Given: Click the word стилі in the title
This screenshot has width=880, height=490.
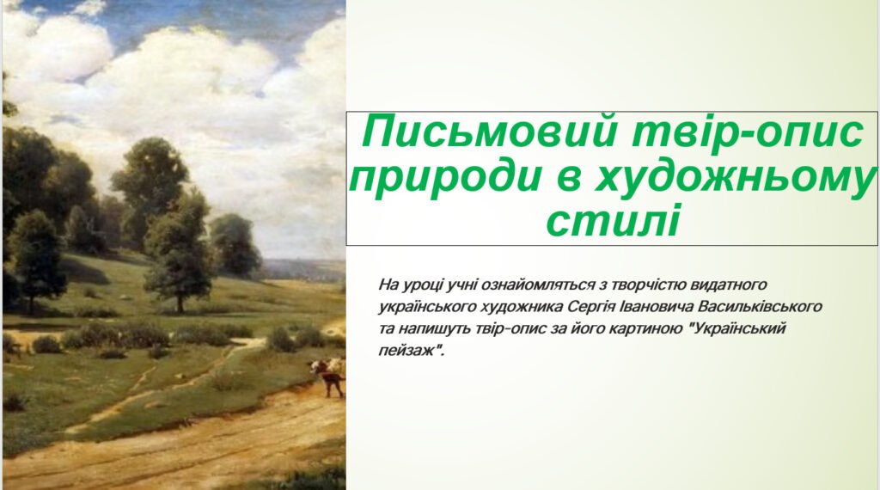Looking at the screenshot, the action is click(x=613, y=220).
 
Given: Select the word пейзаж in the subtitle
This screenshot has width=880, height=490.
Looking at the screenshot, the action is click(x=406, y=352).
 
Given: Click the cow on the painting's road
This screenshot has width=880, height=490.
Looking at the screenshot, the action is click(x=328, y=376).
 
